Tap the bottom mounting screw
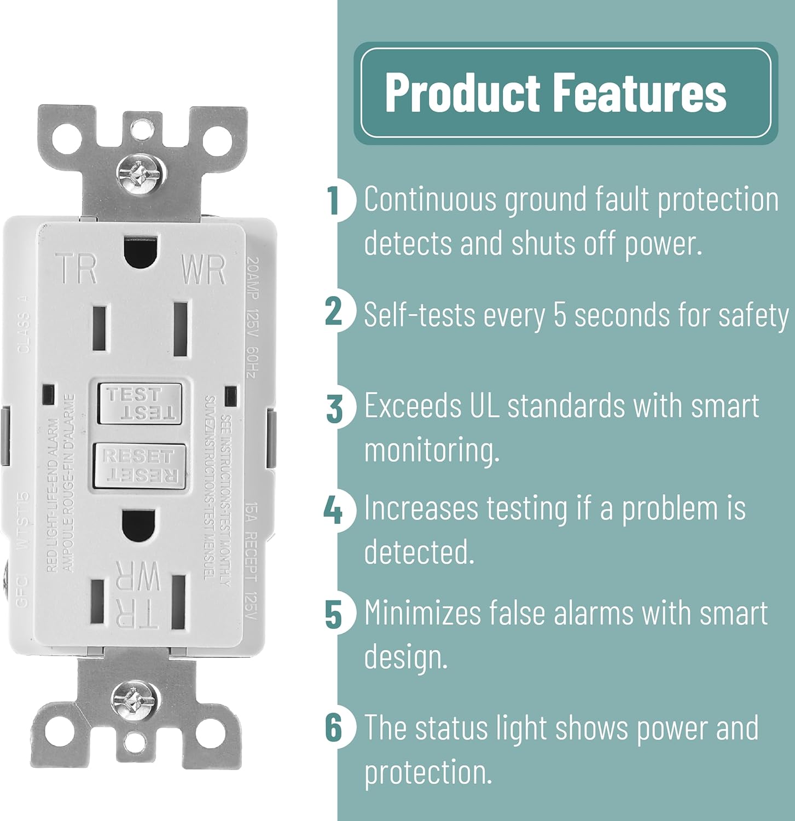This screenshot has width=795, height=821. click(x=134, y=699)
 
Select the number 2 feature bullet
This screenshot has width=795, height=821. click(x=334, y=311)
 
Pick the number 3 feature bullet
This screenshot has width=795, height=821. click(x=334, y=408)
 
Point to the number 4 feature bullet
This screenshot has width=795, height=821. click(x=333, y=510)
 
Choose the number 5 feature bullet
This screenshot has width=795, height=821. click(x=334, y=614)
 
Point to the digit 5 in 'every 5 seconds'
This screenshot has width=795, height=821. click(x=560, y=316)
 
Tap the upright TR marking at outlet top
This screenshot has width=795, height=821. click(x=78, y=269)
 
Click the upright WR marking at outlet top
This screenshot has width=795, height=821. click(x=204, y=270)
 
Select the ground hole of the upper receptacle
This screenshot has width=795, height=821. click(x=140, y=251)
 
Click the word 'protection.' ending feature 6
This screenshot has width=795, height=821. click(x=428, y=773)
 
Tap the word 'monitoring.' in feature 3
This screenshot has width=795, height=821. click(x=432, y=450)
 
